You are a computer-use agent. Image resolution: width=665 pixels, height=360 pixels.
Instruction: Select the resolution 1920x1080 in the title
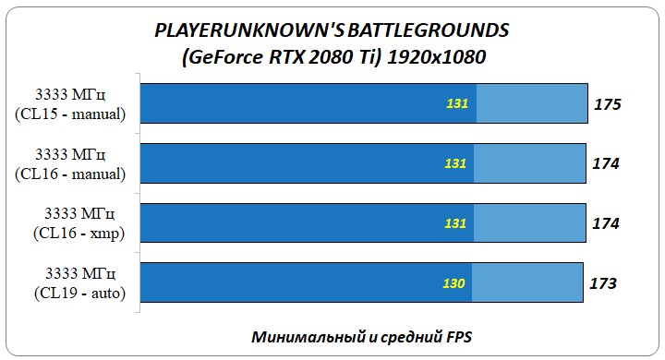coord(438,57)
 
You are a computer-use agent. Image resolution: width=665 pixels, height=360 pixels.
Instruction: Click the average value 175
coord(607,105)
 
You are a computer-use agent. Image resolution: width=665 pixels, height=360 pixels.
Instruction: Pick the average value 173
coord(602,282)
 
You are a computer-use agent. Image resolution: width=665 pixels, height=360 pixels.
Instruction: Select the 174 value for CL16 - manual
coord(606,164)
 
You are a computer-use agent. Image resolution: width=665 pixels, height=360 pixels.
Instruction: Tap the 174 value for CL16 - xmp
coord(606,223)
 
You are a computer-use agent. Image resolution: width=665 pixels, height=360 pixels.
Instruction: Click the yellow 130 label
coord(453,283)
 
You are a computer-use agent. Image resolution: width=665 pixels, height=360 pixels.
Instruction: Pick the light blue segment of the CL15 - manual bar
coord(532,104)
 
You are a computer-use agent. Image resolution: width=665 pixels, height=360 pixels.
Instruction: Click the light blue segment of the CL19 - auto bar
coord(526,282)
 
